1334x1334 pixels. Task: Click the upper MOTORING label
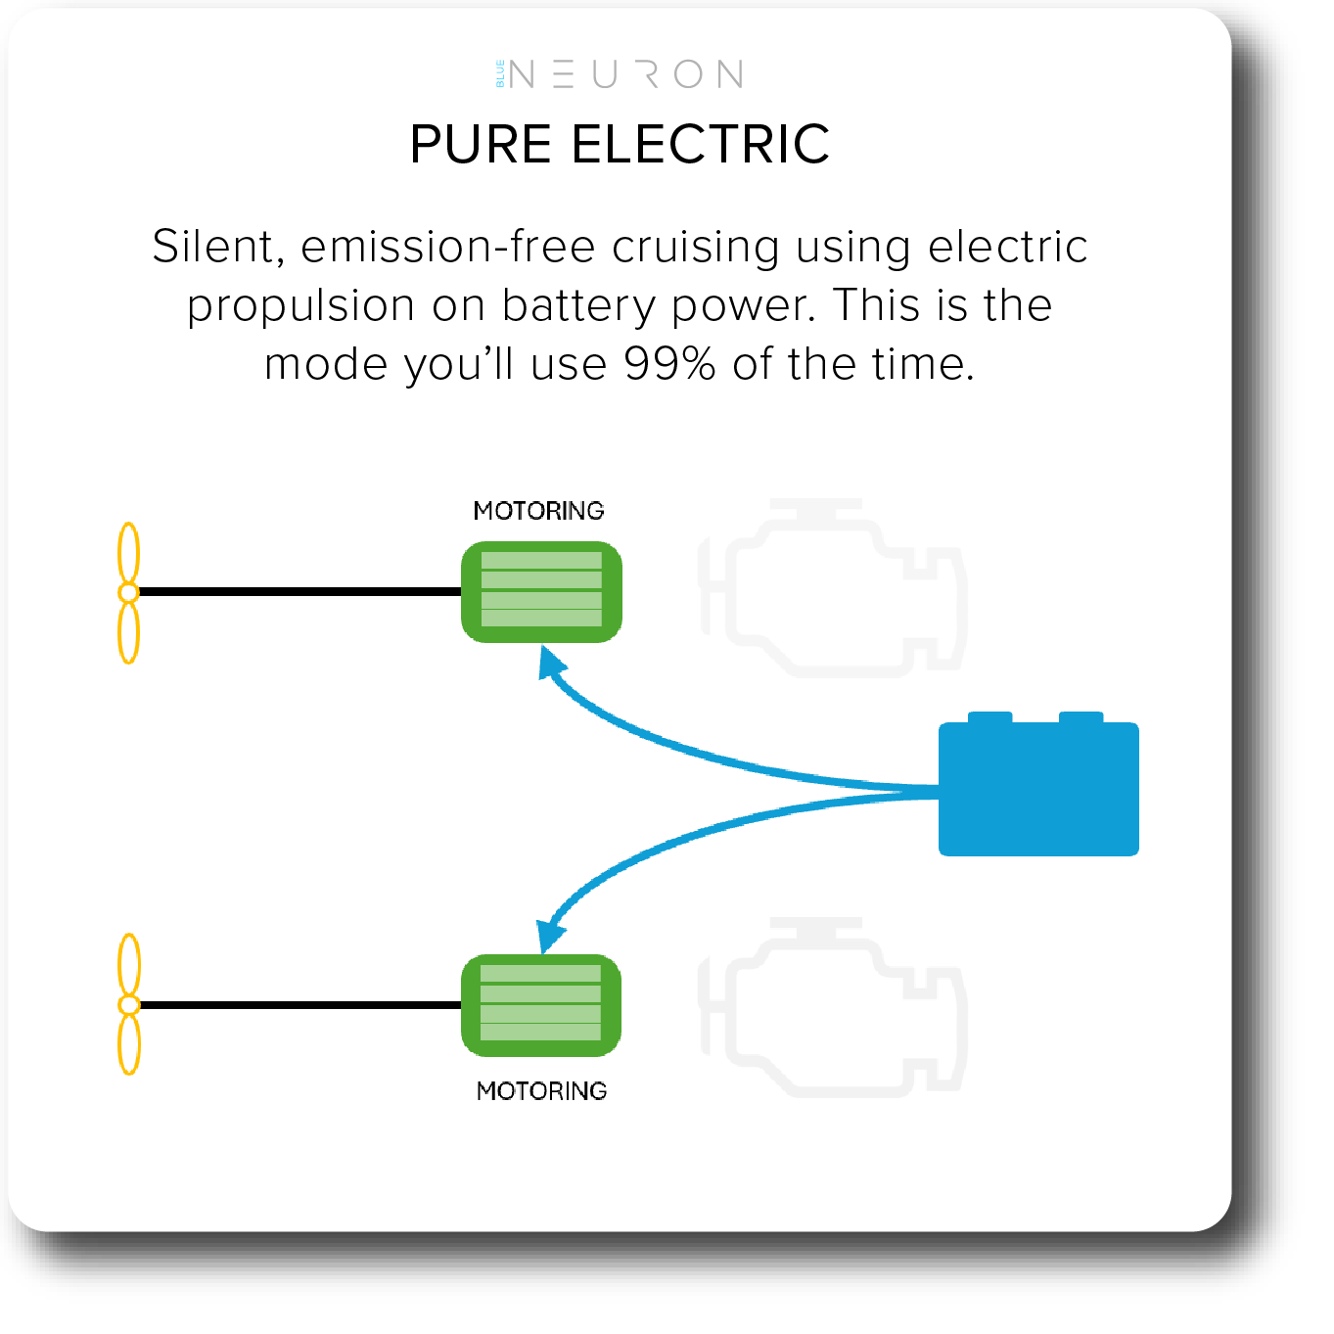point(538,511)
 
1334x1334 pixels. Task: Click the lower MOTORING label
point(541,1091)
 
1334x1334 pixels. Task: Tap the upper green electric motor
point(541,592)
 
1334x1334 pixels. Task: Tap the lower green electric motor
point(540,1004)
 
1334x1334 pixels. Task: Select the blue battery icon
point(1038,784)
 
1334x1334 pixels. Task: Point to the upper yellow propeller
point(129,592)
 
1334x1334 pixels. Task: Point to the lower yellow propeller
point(129,1004)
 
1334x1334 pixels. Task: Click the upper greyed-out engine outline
point(831,587)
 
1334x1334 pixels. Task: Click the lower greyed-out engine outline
point(831,1007)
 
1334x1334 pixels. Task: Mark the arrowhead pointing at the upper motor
point(550,663)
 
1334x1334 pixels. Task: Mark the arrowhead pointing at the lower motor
point(550,936)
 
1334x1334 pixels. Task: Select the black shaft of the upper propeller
point(300,592)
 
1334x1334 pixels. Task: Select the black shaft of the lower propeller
point(300,1005)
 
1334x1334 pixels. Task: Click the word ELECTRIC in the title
point(700,145)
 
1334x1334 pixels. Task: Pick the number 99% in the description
point(669,363)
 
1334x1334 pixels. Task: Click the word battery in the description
point(578,306)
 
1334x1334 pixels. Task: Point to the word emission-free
point(448,247)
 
